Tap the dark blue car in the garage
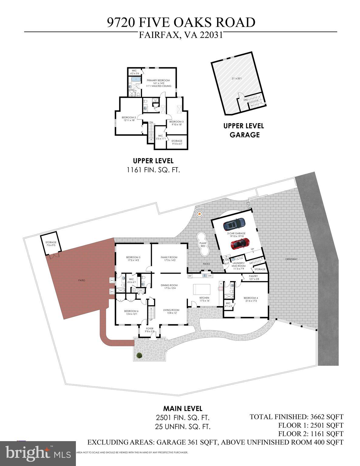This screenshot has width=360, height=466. [234, 224]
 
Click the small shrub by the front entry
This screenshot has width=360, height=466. [139, 355]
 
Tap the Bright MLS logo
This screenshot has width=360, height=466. [38, 453]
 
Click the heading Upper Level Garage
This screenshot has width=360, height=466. [244, 130]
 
